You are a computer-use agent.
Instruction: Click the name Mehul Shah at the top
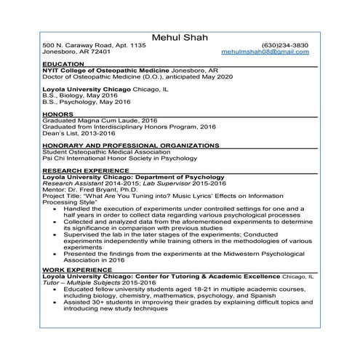click(180, 37)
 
